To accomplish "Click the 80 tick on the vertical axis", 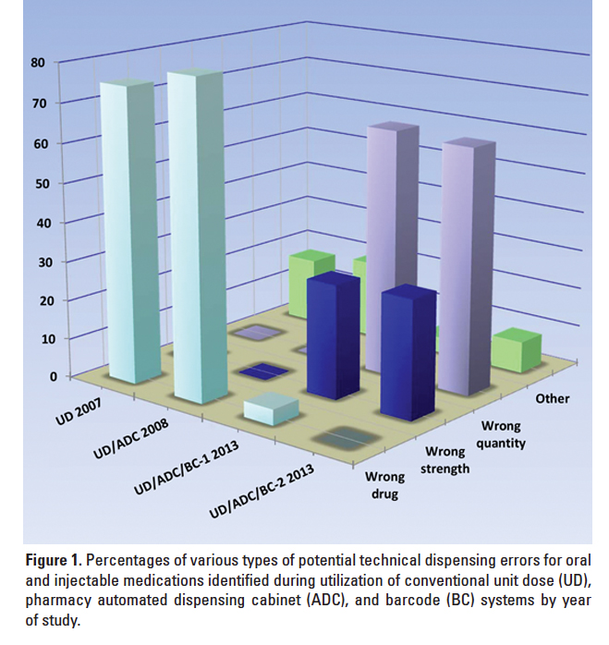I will pyautogui.click(x=37, y=63).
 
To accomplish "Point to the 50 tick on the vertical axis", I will pyautogui.click(x=37, y=181).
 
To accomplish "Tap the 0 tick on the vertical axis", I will pyautogui.click(x=41, y=376).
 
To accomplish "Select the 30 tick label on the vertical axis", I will pyautogui.click(x=37, y=260).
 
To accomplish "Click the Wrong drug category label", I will pyautogui.click(x=382, y=485).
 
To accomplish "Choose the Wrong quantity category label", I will pyautogui.click(x=502, y=434).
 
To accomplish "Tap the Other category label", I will pyautogui.click(x=553, y=398).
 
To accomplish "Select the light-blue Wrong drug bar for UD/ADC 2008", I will pyautogui.click(x=193, y=240).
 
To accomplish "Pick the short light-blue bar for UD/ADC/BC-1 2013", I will pyautogui.click(x=270, y=408).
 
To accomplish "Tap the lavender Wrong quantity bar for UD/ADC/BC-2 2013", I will pyautogui.click(x=468, y=268).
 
